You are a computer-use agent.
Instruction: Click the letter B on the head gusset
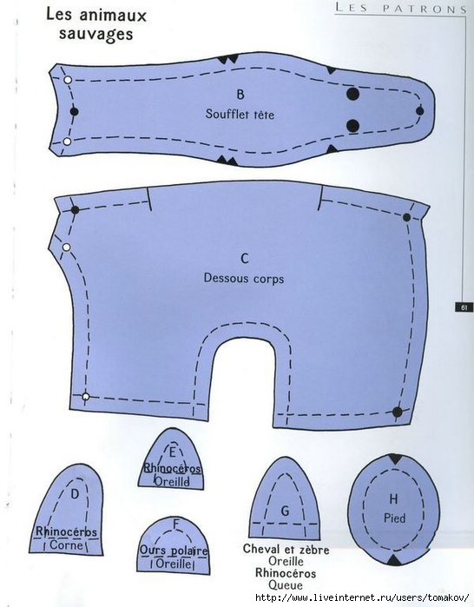coord(240,94)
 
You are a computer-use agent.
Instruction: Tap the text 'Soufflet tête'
coord(240,115)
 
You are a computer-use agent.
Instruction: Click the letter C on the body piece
coord(245,258)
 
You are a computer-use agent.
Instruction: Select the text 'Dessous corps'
coord(244,279)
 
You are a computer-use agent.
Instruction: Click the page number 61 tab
coord(464,307)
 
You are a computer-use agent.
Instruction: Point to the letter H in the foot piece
coord(393,499)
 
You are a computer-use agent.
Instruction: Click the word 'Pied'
coord(395,518)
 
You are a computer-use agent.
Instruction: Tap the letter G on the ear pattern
coord(285,511)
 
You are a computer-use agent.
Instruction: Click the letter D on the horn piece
coord(75,493)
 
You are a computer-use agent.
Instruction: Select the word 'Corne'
coord(67,545)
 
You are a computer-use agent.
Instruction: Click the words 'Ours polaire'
coord(174,550)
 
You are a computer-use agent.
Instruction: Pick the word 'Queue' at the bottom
coord(286,585)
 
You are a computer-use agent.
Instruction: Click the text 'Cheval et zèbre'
coord(286,550)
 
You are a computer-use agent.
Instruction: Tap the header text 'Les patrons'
coord(401,8)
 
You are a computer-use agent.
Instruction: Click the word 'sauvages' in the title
coord(96,34)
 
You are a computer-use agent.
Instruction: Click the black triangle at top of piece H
coord(395,459)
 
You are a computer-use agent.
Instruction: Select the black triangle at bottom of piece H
coord(394,560)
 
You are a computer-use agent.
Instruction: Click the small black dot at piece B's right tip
coord(420,111)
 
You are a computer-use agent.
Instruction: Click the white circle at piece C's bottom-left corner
coord(86,397)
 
